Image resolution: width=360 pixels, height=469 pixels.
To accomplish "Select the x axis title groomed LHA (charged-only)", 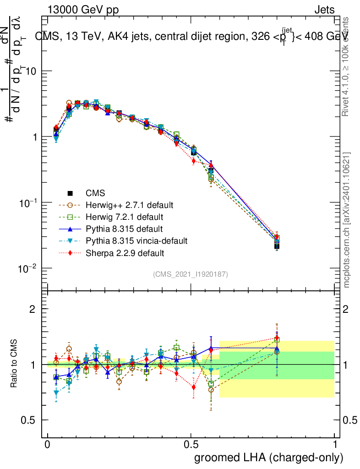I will (x=269, y=458).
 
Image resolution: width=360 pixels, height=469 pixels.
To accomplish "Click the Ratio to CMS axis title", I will (x=15, y=365).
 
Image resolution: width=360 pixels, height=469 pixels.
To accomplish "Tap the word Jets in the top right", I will (x=324, y=10).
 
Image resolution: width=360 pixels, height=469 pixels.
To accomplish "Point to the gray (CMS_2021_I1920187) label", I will (x=191, y=274).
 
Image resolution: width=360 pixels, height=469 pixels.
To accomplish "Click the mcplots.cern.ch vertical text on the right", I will (x=347, y=220).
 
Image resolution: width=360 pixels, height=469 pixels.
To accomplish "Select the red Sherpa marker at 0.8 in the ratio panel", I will (x=277, y=338).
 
